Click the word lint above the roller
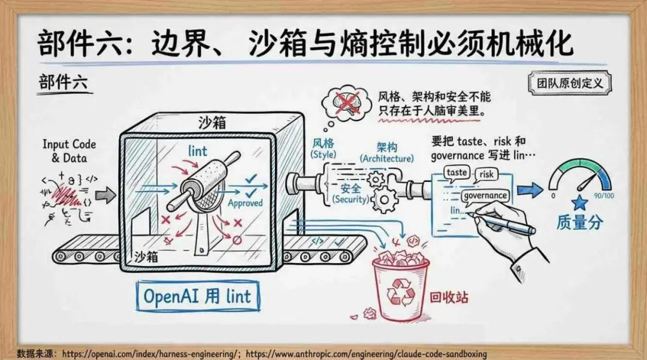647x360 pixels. tap(197, 150)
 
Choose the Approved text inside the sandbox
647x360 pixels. tap(245, 203)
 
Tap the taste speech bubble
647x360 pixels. tap(456, 173)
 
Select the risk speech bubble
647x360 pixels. tap(486, 174)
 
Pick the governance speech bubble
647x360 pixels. tap(485, 195)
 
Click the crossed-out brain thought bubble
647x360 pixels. tap(346, 102)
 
